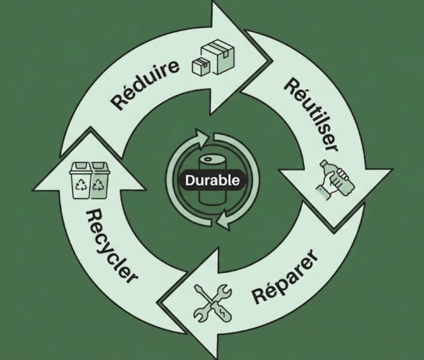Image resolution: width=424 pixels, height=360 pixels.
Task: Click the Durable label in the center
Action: tap(212, 180)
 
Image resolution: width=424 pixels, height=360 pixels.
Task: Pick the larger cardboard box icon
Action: tap(219, 57)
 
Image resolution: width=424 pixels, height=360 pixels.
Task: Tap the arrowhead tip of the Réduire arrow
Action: tap(269, 58)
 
